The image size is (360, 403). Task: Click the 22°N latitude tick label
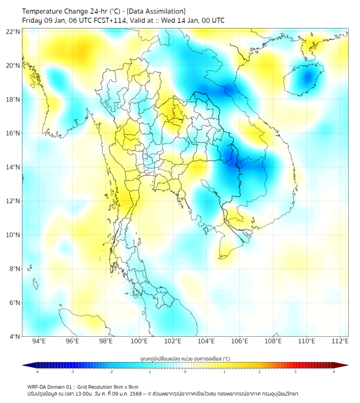point(13,31)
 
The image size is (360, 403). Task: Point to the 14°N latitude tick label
point(13,167)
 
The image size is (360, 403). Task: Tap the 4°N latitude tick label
point(15,336)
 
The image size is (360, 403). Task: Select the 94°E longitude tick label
point(39,341)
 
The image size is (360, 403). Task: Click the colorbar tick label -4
point(37,372)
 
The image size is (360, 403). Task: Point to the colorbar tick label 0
point(185,372)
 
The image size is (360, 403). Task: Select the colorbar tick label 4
point(333,372)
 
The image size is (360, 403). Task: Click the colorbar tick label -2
point(111,372)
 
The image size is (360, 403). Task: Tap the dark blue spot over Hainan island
point(306,78)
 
